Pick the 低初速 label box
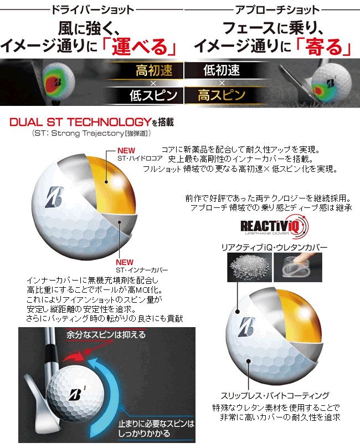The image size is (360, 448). pyautogui.click(x=222, y=71)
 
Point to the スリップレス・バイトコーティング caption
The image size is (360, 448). pyautogui.click(x=275, y=395)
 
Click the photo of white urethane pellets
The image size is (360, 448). pyautogui.click(x=247, y=268)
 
